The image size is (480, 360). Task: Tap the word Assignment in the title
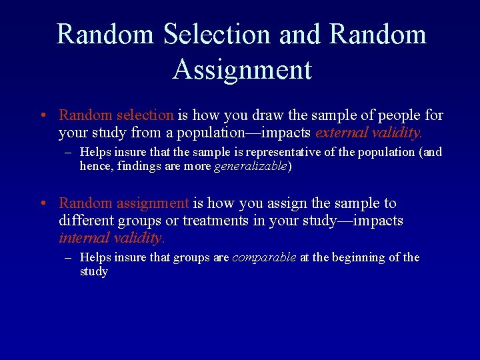[242, 69]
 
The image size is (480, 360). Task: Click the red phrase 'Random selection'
[116, 115]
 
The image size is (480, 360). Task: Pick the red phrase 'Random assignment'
[124, 203]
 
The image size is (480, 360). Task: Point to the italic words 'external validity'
[369, 133]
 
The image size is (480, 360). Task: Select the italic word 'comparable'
[264, 257]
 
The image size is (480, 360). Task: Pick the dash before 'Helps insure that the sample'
[68, 153]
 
